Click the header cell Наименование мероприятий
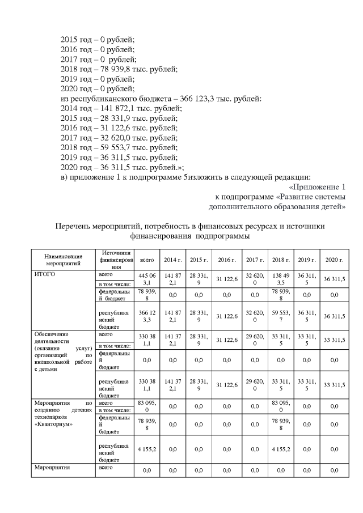(63, 260)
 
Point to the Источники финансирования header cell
(116, 259)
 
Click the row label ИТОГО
(47, 274)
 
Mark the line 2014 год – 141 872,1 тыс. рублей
(121, 109)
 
